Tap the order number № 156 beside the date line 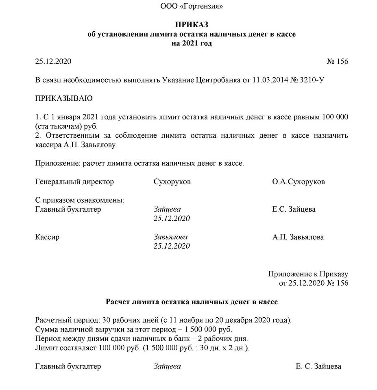pyautogui.click(x=337, y=62)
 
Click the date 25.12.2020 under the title pyautogui.click(x=53, y=62)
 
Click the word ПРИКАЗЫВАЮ pyautogui.click(x=64, y=98)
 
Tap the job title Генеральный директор pyautogui.click(x=74, y=182)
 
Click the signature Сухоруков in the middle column pyautogui.click(x=172, y=182)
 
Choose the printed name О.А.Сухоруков pyautogui.click(x=299, y=182)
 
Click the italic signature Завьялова pyautogui.click(x=171, y=237)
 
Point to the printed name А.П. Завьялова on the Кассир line pyautogui.click(x=298, y=237)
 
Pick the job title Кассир pyautogui.click(x=47, y=237)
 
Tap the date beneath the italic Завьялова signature pyautogui.click(x=172, y=246)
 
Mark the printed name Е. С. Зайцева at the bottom pyautogui.click(x=318, y=366)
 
